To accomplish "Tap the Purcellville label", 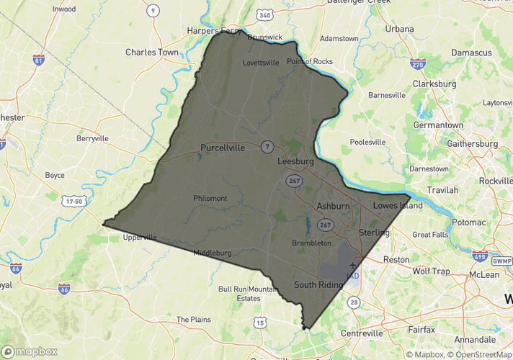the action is pos(222,148).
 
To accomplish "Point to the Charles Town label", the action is pos(151,53).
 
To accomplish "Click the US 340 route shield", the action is pos(265,15).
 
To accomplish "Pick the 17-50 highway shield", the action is pos(73,202).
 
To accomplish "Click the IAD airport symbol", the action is pos(352,267).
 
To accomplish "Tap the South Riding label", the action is pos(318,285).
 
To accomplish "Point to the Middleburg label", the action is pos(212,253).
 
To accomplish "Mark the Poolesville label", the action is pos(368,142).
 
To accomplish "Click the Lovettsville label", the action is pos(260,63).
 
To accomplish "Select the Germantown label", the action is pos(438,125).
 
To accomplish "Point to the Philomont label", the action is pos(210,198).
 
